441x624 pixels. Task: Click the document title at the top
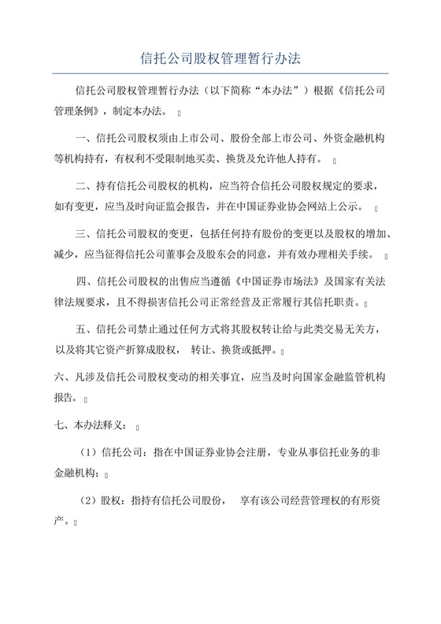pyautogui.click(x=220, y=58)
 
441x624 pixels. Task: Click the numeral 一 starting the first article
pyautogui.click(x=81, y=139)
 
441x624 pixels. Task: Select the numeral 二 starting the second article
pyautogui.click(x=81, y=187)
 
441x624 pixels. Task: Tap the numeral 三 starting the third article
pyautogui.click(x=81, y=234)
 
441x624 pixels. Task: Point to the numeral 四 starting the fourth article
pyautogui.click(x=81, y=282)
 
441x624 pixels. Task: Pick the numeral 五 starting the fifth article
pyautogui.click(x=81, y=330)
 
